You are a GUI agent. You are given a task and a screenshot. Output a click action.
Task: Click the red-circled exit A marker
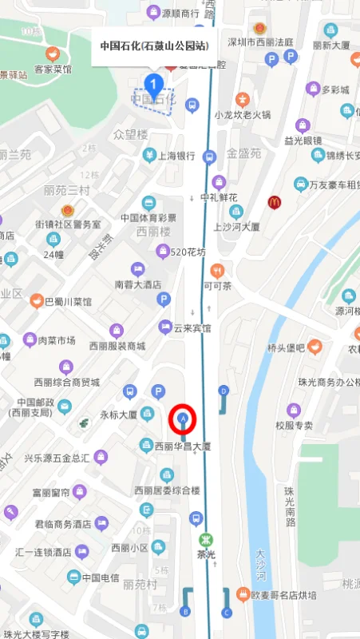click(184, 418)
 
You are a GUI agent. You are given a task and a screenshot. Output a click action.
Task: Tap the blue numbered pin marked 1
click(155, 82)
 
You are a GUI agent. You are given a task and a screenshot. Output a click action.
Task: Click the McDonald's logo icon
click(275, 202)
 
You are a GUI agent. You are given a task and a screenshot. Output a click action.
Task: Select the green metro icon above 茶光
click(207, 538)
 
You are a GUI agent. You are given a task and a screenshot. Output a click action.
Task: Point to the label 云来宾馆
click(192, 327)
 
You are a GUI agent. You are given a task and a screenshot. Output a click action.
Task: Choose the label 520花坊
click(188, 252)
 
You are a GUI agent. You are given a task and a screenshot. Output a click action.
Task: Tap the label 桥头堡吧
click(287, 348)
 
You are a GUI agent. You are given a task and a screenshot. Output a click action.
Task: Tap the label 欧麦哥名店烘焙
click(283, 595)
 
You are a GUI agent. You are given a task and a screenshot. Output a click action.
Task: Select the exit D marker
click(224, 391)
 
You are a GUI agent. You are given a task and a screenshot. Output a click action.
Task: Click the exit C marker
click(226, 612)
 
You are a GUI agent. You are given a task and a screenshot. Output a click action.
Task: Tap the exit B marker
click(186, 612)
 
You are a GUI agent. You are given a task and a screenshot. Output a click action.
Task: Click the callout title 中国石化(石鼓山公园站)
click(154, 46)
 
